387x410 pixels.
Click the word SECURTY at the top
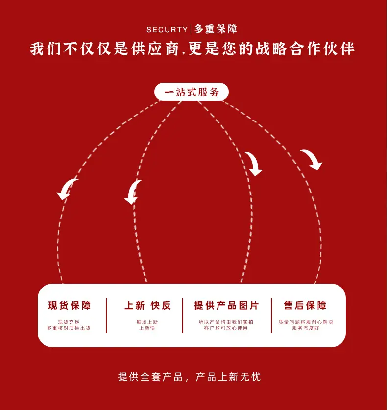click(x=167, y=29)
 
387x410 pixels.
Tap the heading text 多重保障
click(x=216, y=29)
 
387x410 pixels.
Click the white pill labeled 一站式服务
click(x=192, y=92)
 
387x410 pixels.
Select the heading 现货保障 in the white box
click(x=69, y=305)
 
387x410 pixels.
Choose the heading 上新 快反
click(x=148, y=305)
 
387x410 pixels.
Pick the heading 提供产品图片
click(x=226, y=305)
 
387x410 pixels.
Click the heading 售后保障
click(x=305, y=305)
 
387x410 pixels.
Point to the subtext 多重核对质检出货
click(x=69, y=328)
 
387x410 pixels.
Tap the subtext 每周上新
click(x=147, y=322)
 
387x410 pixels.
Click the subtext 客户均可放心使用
click(x=226, y=328)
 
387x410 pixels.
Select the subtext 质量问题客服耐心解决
click(x=306, y=322)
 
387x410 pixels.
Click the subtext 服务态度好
click(x=306, y=328)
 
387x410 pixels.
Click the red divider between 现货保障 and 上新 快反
click(x=106, y=315)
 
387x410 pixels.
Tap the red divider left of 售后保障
click(x=271, y=315)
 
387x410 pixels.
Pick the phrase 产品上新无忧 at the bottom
click(x=228, y=377)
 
